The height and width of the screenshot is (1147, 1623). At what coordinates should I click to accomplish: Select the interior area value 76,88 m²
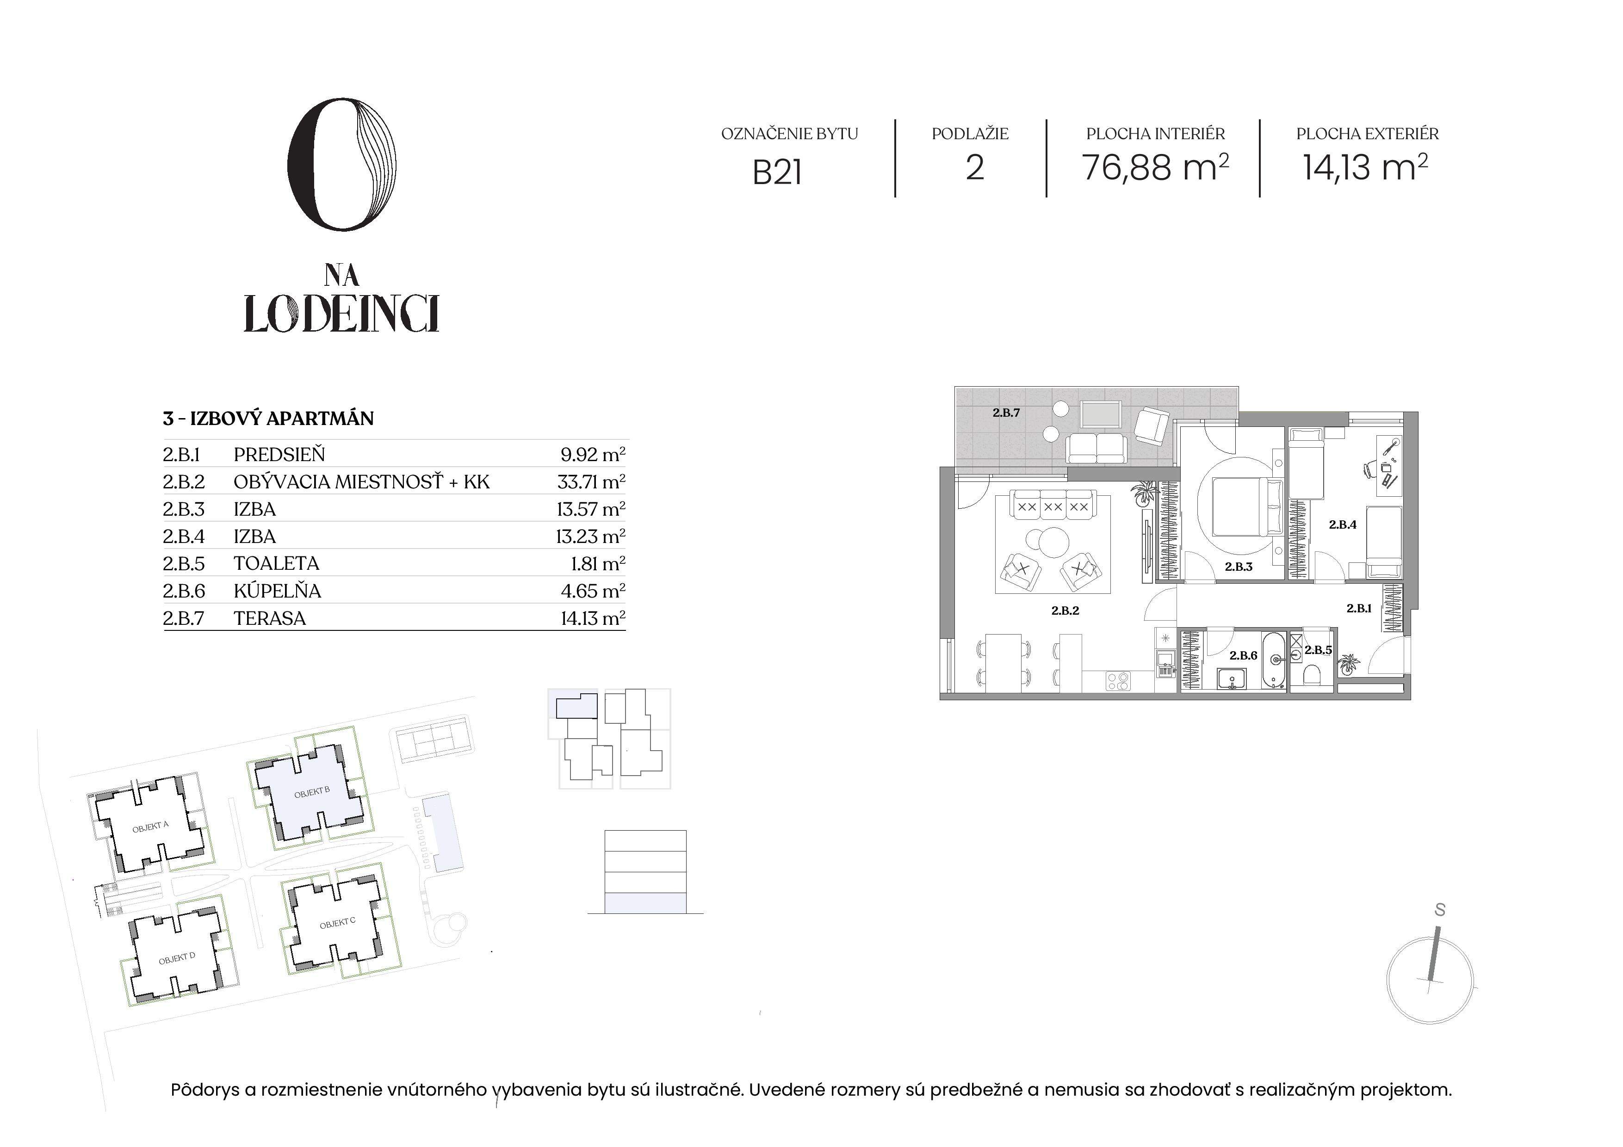[1155, 168]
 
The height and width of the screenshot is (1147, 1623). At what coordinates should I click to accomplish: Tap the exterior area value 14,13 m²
[1365, 168]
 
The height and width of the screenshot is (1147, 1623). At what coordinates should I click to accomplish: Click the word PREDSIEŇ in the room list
[279, 455]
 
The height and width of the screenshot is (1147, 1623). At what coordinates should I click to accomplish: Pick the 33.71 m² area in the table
[591, 482]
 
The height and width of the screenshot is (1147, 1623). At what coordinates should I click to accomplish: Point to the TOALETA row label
[276, 563]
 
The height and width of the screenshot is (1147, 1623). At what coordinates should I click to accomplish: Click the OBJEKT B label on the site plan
[312, 792]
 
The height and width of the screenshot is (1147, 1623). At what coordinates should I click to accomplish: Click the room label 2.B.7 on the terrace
[1006, 413]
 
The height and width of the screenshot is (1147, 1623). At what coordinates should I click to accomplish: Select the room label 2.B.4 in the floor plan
[1342, 524]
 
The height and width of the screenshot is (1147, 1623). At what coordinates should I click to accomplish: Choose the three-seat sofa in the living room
[1053, 506]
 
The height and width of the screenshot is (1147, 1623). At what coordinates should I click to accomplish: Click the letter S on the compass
[1440, 910]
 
